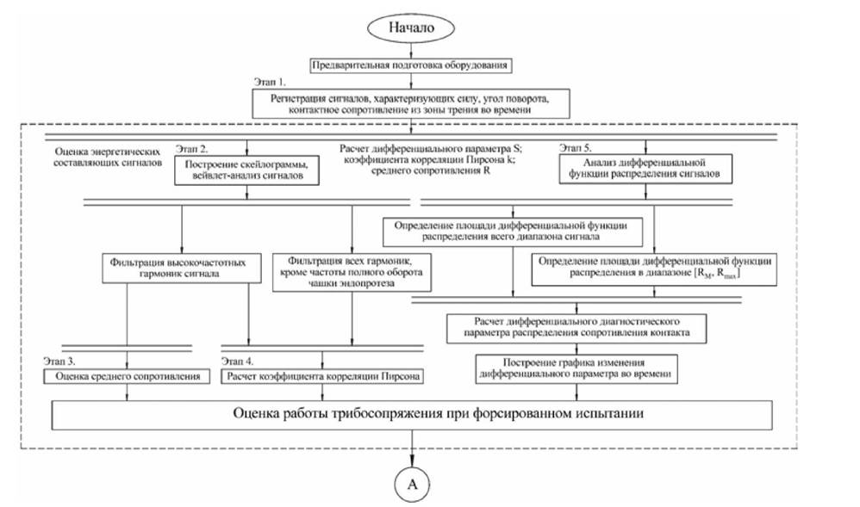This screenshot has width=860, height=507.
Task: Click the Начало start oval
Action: [411, 28]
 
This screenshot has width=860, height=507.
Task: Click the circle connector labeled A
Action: [412, 484]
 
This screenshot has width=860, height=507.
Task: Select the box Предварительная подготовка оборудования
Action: [411, 65]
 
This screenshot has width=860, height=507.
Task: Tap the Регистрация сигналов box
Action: [411, 103]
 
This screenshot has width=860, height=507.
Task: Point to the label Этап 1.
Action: [270, 83]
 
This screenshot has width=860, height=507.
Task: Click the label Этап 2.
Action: [191, 149]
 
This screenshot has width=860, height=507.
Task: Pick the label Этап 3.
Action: [59, 362]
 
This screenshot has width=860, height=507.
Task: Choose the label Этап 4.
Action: [238, 362]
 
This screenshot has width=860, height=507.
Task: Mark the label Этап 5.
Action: [576, 148]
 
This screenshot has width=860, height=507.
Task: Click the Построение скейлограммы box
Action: [246, 170]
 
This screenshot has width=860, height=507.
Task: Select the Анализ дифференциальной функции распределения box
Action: [645, 168]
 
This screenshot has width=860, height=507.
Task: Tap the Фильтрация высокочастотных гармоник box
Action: [182, 268]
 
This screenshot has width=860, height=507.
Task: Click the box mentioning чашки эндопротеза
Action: [352, 272]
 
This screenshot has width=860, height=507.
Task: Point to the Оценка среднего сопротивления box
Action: [127, 376]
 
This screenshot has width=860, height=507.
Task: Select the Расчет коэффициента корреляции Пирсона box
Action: [322, 376]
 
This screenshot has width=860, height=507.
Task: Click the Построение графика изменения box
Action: [576, 368]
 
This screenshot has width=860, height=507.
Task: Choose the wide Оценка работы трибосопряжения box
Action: [412, 415]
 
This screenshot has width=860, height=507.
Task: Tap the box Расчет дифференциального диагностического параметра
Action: [576, 328]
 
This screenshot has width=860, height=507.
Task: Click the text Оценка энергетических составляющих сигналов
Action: [108, 158]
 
